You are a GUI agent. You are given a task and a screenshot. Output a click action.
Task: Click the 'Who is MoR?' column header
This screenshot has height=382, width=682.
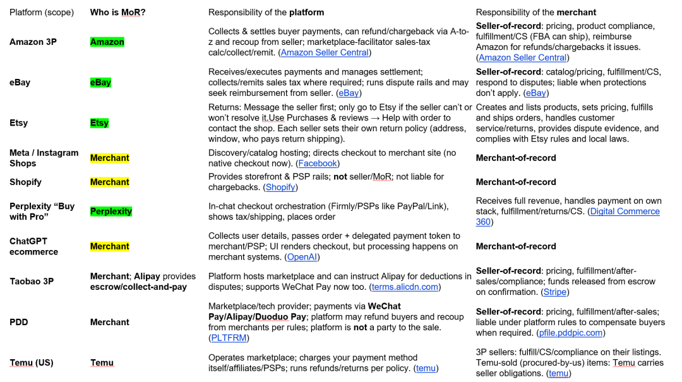[x=117, y=12]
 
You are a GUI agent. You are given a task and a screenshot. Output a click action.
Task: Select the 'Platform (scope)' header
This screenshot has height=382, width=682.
[x=42, y=12]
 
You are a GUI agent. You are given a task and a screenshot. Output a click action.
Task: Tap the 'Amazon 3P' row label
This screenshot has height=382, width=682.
[x=33, y=42]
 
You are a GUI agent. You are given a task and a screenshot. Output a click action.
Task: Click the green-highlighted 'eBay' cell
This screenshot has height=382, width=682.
[x=100, y=82]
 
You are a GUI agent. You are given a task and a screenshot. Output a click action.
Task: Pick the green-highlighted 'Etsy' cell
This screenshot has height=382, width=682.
[x=99, y=123]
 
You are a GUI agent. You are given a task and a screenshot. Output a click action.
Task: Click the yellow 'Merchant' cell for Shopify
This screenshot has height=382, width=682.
[x=109, y=182]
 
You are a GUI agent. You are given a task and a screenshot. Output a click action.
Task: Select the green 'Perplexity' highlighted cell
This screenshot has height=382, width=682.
[x=111, y=212]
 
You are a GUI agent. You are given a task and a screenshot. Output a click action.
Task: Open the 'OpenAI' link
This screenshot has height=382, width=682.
[x=302, y=257]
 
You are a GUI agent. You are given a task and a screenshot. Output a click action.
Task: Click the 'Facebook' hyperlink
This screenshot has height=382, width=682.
[x=318, y=163]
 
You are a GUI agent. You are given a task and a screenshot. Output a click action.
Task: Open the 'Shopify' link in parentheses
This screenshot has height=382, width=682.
[x=280, y=187]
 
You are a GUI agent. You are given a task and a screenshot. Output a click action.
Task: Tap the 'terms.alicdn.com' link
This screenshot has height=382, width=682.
[x=405, y=287]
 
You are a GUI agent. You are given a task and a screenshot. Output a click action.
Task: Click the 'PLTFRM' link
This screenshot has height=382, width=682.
[x=229, y=338]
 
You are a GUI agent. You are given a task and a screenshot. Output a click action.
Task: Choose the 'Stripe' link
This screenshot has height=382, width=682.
[x=555, y=292]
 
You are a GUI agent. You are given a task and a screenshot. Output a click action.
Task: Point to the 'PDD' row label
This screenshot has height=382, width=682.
[x=19, y=322]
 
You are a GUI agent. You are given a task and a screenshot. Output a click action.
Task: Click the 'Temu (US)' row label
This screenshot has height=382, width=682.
[x=32, y=362]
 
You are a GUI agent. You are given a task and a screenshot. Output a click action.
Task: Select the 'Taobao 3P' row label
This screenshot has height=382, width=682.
[x=32, y=281]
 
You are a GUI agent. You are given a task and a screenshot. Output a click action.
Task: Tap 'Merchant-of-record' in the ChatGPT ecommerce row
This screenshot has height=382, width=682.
[x=516, y=246]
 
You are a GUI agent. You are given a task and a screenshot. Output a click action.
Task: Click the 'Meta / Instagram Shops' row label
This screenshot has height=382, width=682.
[x=44, y=158]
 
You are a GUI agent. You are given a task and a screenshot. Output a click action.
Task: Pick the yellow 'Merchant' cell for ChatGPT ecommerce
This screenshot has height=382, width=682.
[x=109, y=246]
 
